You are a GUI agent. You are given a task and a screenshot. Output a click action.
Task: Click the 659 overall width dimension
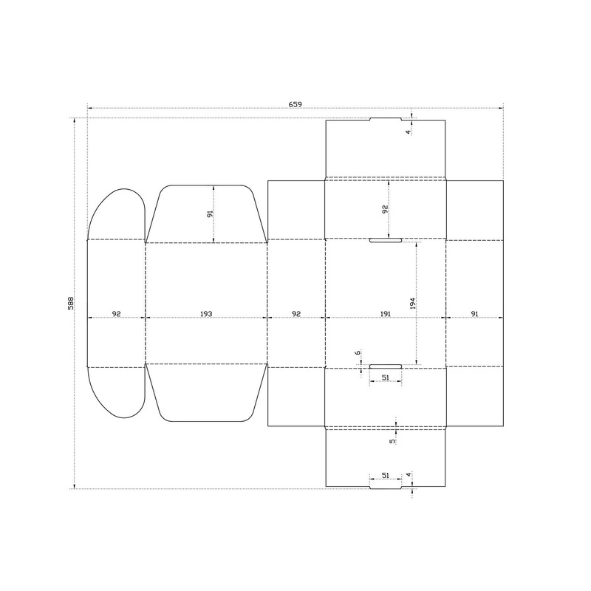tap(295, 104)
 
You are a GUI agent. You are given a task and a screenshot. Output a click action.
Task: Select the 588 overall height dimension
tap(70, 303)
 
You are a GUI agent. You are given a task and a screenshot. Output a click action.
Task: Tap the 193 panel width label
tap(206, 313)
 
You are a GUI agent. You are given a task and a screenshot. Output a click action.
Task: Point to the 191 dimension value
tap(385, 313)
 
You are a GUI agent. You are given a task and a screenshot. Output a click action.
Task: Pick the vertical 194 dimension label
tap(412, 304)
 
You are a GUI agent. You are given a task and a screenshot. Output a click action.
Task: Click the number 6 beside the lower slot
tap(358, 353)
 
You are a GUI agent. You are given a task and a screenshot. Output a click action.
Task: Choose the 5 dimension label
tap(392, 441)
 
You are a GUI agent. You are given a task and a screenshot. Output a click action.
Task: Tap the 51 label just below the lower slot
tap(385, 378)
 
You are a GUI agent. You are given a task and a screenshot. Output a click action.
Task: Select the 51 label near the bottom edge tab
tap(385, 475)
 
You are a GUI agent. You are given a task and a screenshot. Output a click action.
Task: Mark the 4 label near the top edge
tap(408, 132)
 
